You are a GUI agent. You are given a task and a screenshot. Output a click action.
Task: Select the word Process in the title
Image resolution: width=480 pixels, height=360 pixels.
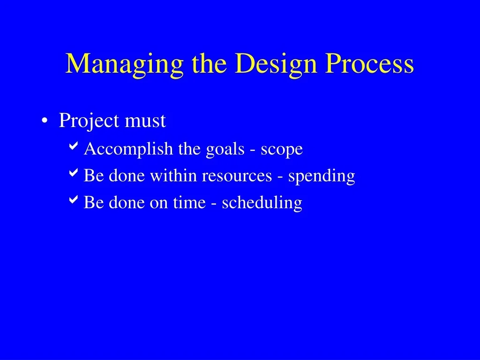(369, 63)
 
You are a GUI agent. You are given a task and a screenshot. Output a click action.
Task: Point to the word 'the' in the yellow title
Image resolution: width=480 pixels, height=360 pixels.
(210, 63)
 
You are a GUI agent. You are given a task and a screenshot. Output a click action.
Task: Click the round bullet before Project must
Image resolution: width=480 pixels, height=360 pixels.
(45, 120)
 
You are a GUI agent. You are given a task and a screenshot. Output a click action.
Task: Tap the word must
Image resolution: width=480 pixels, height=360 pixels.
(145, 121)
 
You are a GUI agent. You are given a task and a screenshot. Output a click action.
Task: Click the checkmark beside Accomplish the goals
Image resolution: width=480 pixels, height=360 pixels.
(74, 146)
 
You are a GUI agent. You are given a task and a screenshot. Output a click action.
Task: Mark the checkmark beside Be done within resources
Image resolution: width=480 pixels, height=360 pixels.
(74, 172)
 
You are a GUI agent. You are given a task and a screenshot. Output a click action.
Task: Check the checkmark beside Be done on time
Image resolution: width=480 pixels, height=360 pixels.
(74, 200)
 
